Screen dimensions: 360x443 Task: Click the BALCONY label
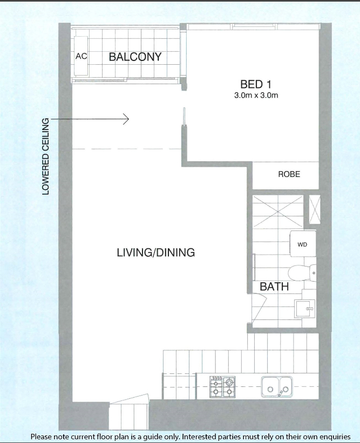pos(135,57)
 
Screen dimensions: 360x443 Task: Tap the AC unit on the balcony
pos(81,56)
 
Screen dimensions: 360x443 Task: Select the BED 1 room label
pos(256,84)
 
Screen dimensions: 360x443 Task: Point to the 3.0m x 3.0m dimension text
pos(256,95)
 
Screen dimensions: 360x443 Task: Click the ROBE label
pos(289,174)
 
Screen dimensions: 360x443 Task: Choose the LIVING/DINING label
pos(156,253)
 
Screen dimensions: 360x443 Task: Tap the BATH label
pos(274,287)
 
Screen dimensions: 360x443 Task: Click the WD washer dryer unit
pos(303,244)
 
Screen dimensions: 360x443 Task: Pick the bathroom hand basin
pos(305,309)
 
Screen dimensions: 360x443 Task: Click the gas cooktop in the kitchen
pos(222,387)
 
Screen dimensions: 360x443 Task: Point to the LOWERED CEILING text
pos(45,156)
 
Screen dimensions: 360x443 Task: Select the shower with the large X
pos(278,212)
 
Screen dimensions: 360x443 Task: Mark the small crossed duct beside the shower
pos(315,210)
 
